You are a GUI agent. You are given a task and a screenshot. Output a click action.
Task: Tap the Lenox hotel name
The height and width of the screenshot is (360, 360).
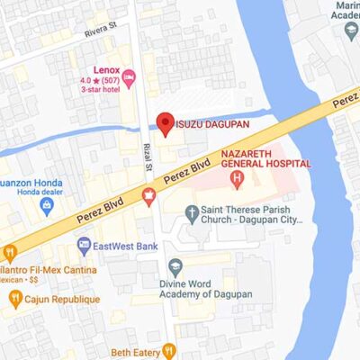[x=107, y=70]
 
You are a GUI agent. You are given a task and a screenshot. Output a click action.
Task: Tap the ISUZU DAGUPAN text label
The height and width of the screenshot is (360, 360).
[x=211, y=123]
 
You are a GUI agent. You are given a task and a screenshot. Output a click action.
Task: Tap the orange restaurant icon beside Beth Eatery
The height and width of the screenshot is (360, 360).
[x=167, y=350]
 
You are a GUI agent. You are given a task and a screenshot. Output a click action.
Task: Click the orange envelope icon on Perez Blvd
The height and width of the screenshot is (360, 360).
[x=148, y=193]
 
